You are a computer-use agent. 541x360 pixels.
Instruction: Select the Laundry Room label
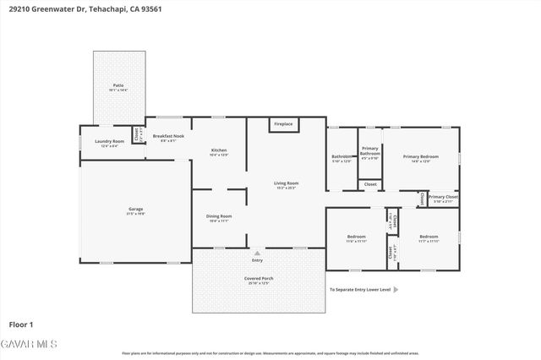[x=109, y=143]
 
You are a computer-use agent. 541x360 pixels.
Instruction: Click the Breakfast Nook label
[x=167, y=138]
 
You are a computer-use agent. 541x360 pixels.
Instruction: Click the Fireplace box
[x=282, y=124]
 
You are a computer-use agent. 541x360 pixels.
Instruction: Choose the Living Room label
[x=286, y=185]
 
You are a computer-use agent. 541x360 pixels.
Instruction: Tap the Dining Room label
[x=219, y=217]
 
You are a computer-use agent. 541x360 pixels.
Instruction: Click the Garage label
[x=135, y=211]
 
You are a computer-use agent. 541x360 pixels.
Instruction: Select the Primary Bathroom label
[x=370, y=152]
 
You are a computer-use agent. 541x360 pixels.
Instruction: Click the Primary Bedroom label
[x=420, y=157]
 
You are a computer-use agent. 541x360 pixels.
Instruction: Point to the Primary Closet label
[x=441, y=199]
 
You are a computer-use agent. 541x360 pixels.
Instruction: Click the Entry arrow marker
[x=257, y=252]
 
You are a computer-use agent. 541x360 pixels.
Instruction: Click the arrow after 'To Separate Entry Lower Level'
[x=396, y=289]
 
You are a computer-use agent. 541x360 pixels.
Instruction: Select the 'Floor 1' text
[x=20, y=324]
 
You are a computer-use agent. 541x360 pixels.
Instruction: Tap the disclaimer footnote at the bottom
[x=270, y=353]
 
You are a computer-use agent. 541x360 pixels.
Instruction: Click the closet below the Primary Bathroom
[x=369, y=183]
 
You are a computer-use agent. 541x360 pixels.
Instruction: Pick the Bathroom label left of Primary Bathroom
[x=342, y=158]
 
